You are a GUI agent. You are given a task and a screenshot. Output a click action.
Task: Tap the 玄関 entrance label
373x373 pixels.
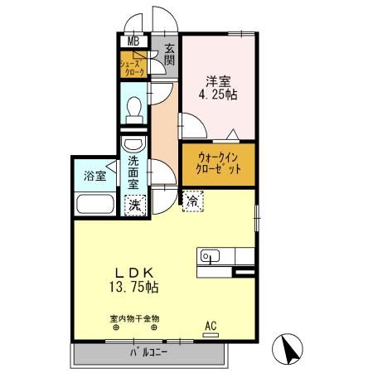click(169, 54)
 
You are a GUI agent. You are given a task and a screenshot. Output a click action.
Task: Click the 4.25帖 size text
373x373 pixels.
click(219, 94)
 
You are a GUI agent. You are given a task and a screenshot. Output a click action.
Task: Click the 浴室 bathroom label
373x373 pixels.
click(94, 176)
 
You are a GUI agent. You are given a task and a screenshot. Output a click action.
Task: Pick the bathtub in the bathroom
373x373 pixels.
click(96, 205)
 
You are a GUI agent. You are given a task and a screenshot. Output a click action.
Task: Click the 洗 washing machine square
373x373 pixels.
click(133, 204)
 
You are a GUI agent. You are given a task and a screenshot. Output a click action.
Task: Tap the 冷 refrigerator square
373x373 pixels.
click(191, 199)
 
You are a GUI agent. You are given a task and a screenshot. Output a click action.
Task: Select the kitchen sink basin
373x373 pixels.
click(208, 256)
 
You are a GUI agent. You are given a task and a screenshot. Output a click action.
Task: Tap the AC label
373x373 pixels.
click(211, 325)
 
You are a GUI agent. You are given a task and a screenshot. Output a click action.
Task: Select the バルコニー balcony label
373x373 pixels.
click(148, 353)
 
